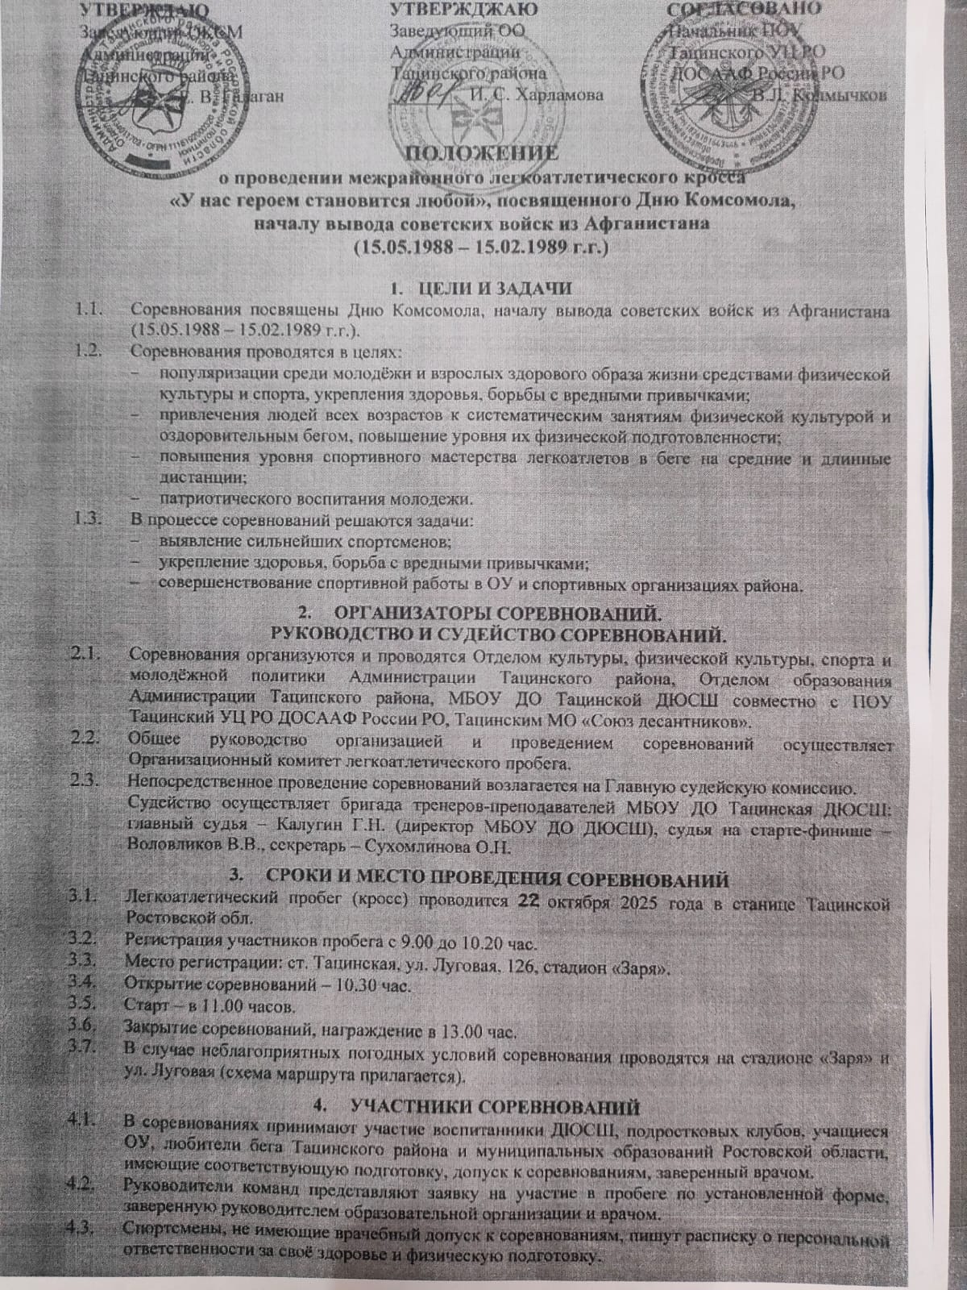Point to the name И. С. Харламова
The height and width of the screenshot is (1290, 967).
click(535, 95)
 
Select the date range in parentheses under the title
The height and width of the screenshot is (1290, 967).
click(479, 248)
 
